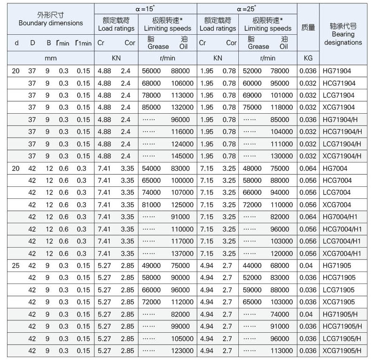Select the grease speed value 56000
(x=151, y=71)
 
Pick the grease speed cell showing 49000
(x=151, y=266)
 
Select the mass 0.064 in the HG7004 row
(x=308, y=169)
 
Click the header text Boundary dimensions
(x=50, y=23)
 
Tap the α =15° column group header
(x=145, y=8)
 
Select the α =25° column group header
(x=247, y=8)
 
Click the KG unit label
(x=308, y=58)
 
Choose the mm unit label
(x=50, y=58)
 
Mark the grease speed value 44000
(x=252, y=266)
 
